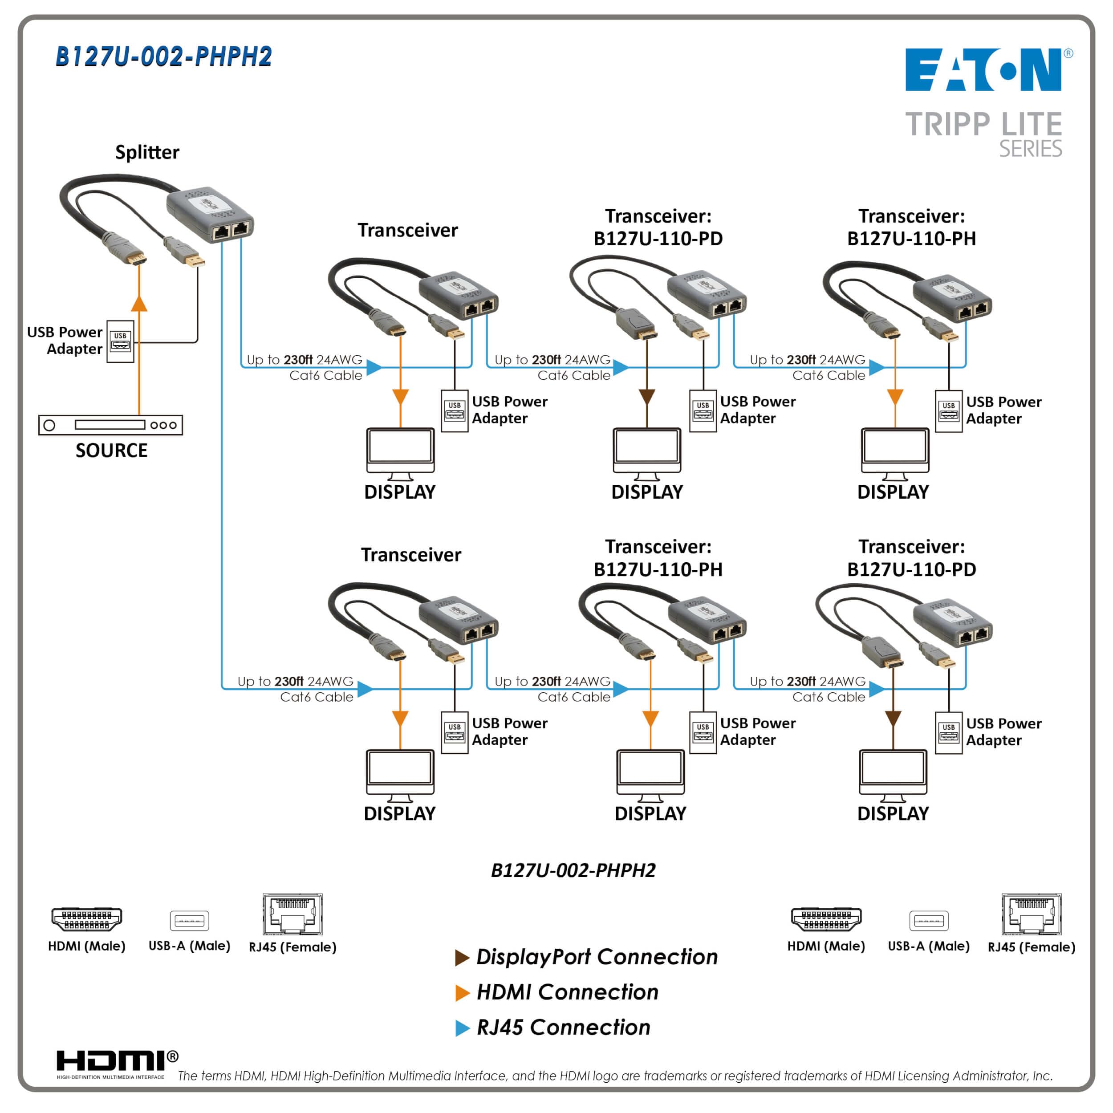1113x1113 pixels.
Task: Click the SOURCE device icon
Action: pos(110,425)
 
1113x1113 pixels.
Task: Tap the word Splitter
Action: pos(147,152)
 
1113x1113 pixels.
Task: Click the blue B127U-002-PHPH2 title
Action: pos(163,57)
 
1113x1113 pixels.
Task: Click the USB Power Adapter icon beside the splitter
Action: pos(120,341)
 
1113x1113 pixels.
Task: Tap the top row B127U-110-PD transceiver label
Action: pos(658,227)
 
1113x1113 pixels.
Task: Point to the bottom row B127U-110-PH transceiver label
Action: pos(658,558)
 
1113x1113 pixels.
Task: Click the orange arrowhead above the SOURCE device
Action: pos(139,303)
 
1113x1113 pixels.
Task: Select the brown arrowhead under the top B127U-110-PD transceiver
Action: pos(647,397)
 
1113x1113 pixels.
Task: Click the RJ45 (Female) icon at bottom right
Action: pos(1031,915)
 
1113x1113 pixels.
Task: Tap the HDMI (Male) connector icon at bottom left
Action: pos(86,919)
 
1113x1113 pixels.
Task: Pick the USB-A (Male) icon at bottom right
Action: pos(928,921)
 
